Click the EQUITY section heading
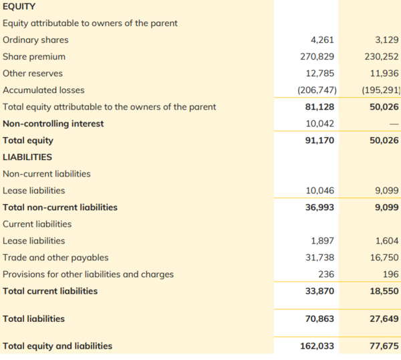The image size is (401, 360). pyautogui.click(x=19, y=7)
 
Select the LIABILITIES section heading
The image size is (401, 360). pyautogui.click(x=27, y=157)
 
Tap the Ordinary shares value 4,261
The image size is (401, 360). pyautogui.click(x=323, y=40)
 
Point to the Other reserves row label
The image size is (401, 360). pyautogui.click(x=34, y=74)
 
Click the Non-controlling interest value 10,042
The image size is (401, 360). pyautogui.click(x=320, y=124)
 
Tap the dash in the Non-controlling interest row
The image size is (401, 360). pyautogui.click(x=394, y=124)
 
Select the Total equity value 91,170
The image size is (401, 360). pyautogui.click(x=320, y=141)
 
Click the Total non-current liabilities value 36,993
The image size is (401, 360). pyautogui.click(x=320, y=207)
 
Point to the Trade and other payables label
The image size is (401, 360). pyautogui.click(x=55, y=258)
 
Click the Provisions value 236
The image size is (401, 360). pyautogui.click(x=327, y=274)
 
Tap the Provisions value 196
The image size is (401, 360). pyautogui.click(x=392, y=274)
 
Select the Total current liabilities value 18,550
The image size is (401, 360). pyautogui.click(x=384, y=291)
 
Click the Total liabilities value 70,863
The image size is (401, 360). pyautogui.click(x=320, y=319)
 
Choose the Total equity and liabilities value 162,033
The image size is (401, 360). pyautogui.click(x=317, y=346)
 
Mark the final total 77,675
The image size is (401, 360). pyautogui.click(x=384, y=346)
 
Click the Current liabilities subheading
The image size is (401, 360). pyautogui.click(x=37, y=224)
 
